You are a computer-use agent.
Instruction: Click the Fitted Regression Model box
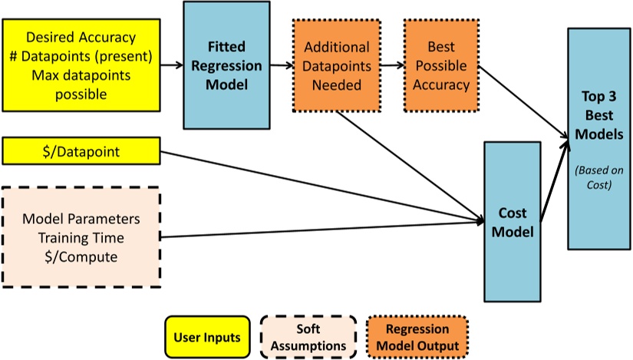click(226, 64)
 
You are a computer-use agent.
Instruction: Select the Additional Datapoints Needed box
click(337, 66)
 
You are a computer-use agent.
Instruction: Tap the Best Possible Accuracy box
click(440, 66)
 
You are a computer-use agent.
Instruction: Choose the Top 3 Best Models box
click(599, 138)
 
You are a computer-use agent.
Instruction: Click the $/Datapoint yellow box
click(81, 150)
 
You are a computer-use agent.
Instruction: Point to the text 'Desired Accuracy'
click(81, 36)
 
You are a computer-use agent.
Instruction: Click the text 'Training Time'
click(81, 237)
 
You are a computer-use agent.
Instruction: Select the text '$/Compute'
click(81, 256)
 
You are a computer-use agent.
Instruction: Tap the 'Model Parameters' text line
click(81, 218)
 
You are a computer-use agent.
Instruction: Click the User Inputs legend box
click(207, 337)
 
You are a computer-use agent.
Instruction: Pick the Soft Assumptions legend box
click(308, 337)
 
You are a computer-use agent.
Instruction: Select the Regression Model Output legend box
click(417, 337)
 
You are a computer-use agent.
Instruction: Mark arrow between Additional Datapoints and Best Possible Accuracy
click(392, 66)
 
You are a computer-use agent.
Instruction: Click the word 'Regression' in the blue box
click(226, 64)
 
